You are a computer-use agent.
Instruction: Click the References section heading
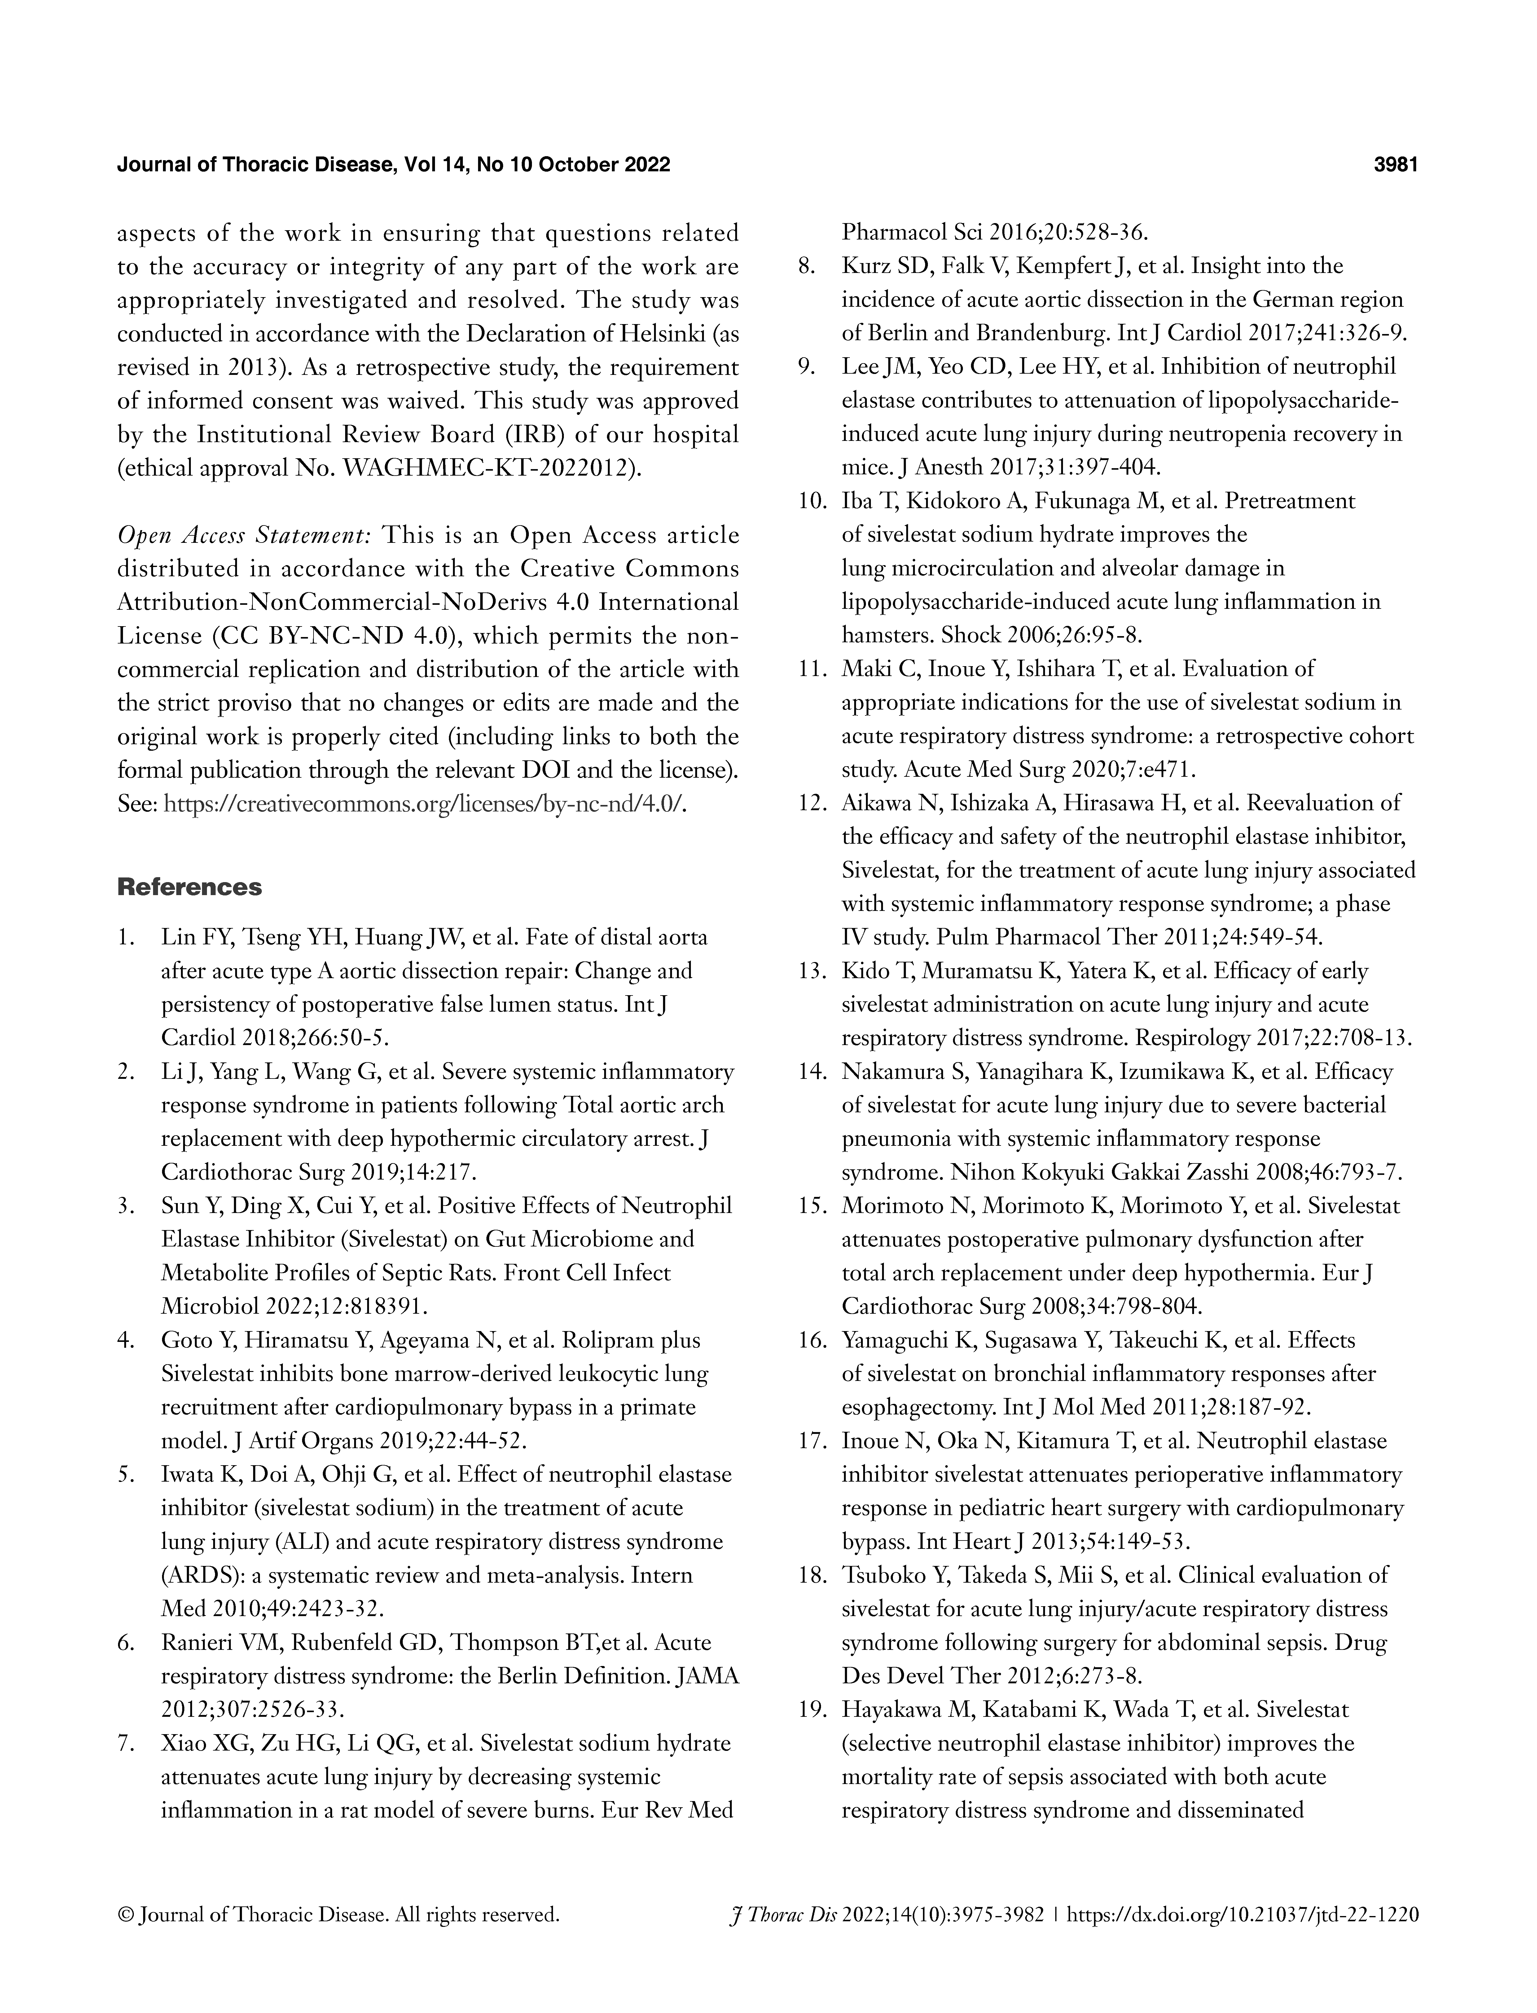tap(189, 888)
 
